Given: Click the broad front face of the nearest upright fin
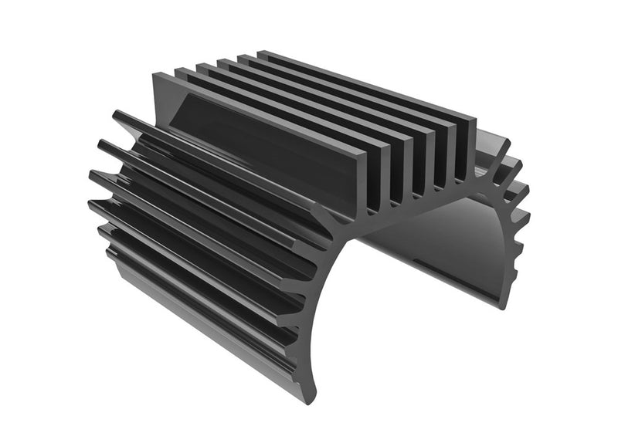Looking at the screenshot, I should [255, 131].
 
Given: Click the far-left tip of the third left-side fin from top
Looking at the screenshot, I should [93, 177].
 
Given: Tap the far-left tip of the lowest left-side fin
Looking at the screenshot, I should [101, 231].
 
